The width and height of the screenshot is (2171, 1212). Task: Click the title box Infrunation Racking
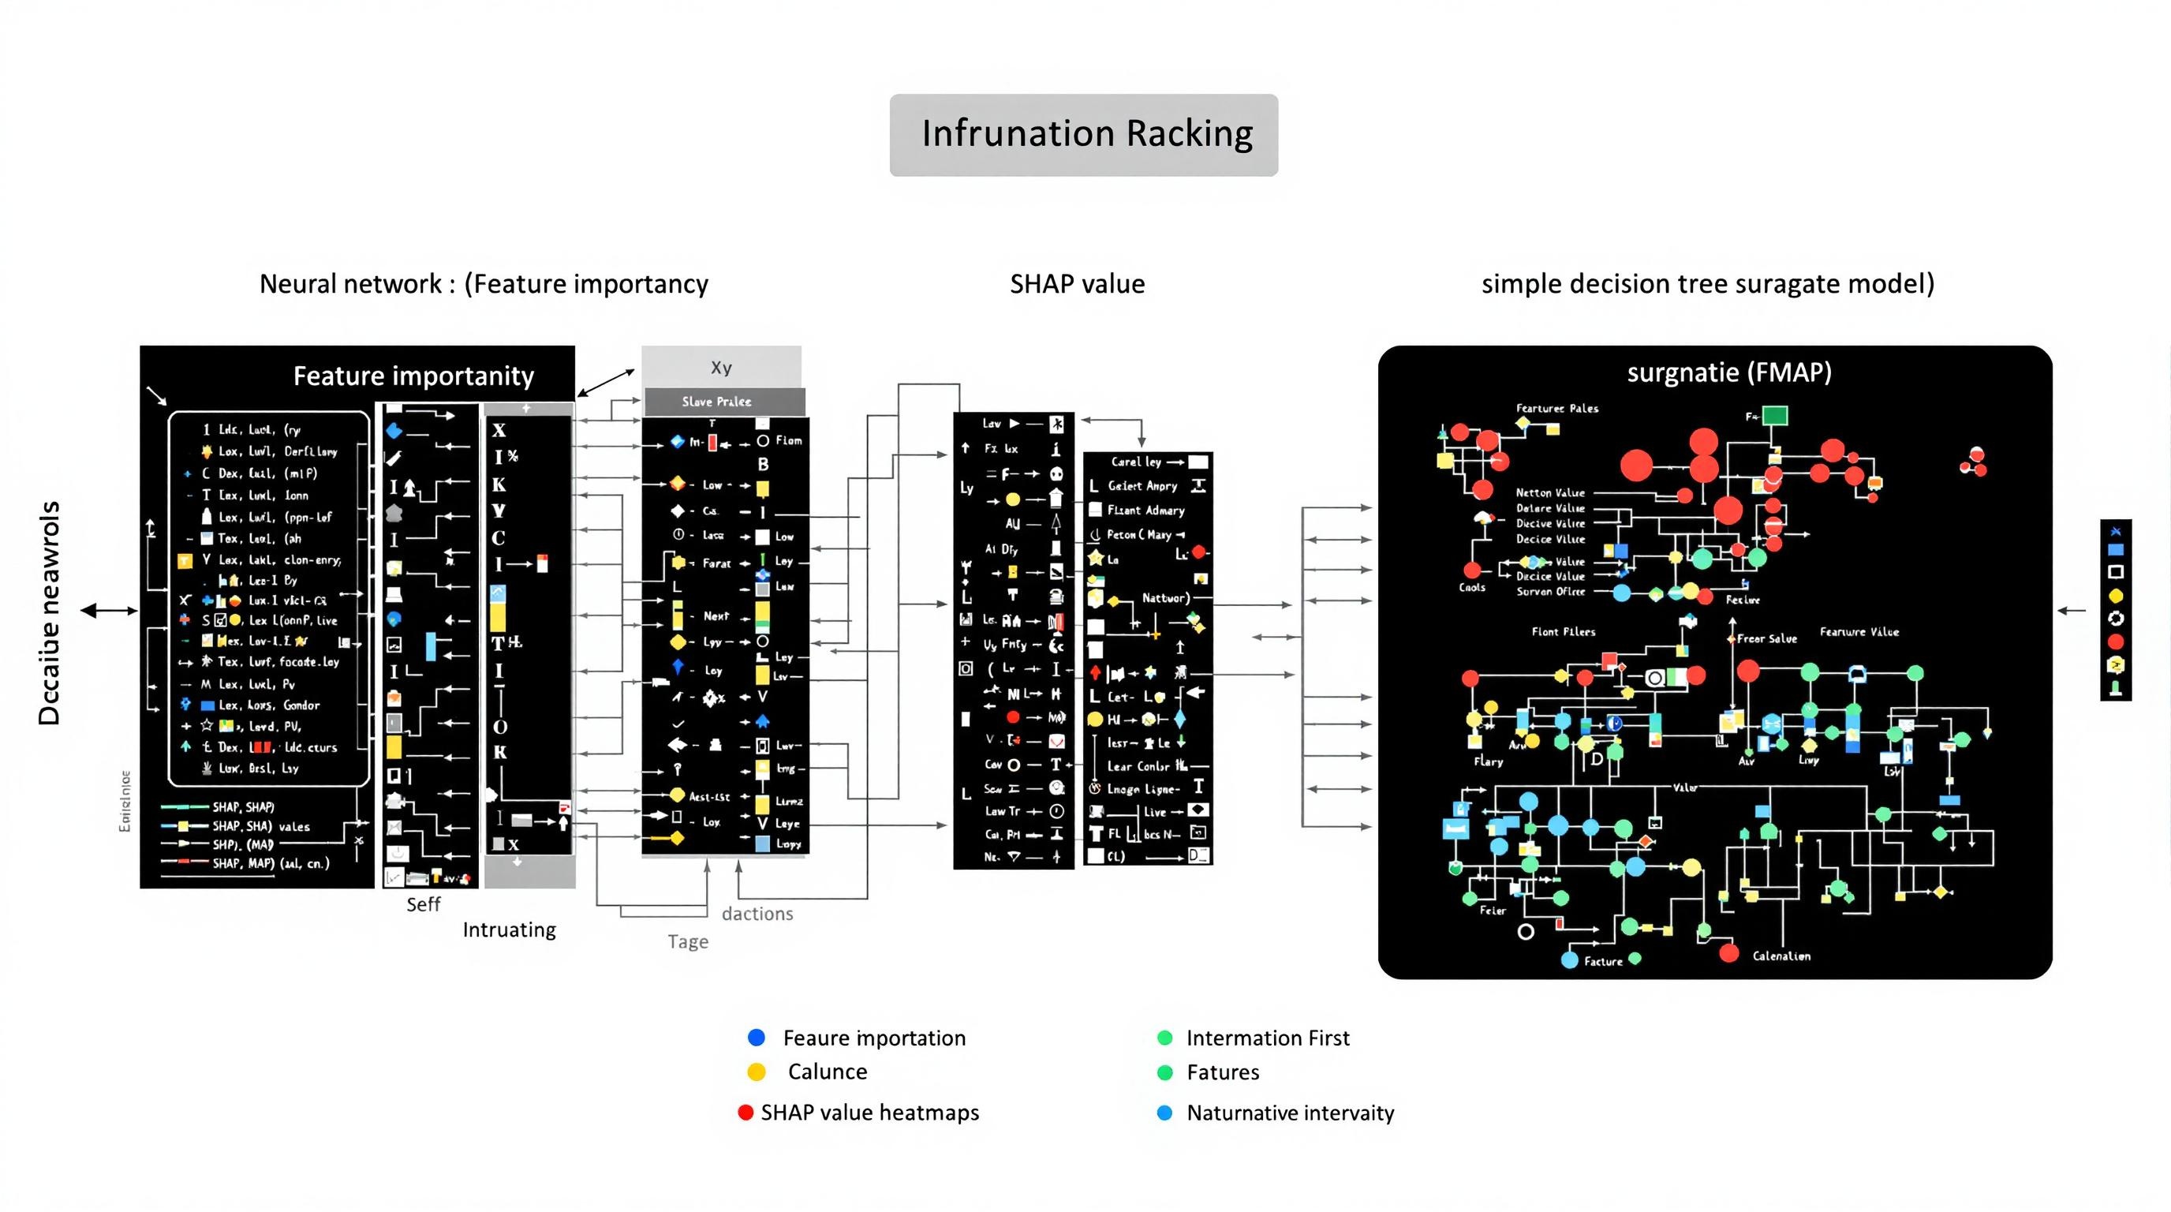pyautogui.click(x=1084, y=135)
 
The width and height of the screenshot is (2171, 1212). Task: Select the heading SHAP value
pyautogui.click(x=1077, y=284)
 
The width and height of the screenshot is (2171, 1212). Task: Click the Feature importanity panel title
pyautogui.click(x=413, y=376)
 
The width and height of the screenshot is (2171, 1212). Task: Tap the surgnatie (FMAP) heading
pyautogui.click(x=1728, y=372)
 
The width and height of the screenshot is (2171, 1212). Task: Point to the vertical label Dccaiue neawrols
pyautogui.click(x=50, y=613)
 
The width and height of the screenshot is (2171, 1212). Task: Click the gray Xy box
pyautogui.click(x=720, y=368)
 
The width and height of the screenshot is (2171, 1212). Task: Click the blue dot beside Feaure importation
pyautogui.click(x=756, y=1038)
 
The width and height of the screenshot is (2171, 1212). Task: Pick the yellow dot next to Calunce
pyautogui.click(x=756, y=1072)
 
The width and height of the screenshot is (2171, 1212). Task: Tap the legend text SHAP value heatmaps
pyautogui.click(x=870, y=1113)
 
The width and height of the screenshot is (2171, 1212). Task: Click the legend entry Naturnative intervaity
pyautogui.click(x=1290, y=1113)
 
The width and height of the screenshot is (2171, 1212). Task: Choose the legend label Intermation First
pyautogui.click(x=1267, y=1038)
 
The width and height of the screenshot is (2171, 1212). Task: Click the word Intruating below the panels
pyautogui.click(x=509, y=930)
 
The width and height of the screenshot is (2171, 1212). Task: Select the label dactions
pyautogui.click(x=757, y=914)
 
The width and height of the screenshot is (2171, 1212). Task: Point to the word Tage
pyautogui.click(x=688, y=941)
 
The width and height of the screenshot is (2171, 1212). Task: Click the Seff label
pyautogui.click(x=423, y=904)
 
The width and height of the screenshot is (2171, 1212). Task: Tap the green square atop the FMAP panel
pyautogui.click(x=1775, y=416)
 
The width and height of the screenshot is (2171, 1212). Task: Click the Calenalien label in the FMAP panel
pyautogui.click(x=1781, y=956)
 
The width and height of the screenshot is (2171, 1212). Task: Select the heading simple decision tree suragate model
pyautogui.click(x=1707, y=284)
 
